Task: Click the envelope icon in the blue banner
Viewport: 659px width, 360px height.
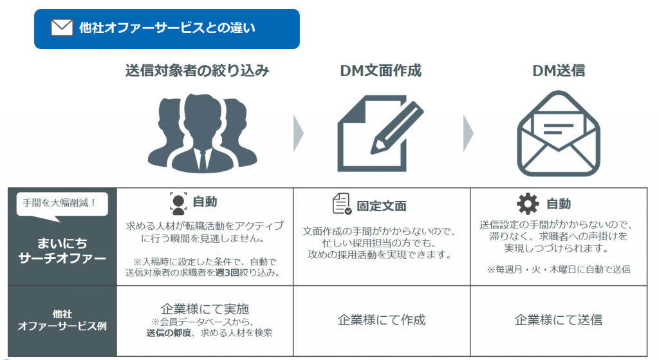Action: pyautogui.click(x=62, y=28)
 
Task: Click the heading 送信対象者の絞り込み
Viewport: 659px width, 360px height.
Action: pyautogui.click(x=197, y=71)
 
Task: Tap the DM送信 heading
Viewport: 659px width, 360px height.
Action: pyautogui.click(x=559, y=71)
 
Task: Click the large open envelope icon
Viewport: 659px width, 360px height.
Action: pyautogui.click(x=559, y=134)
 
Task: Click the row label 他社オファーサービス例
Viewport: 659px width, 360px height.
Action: pyautogui.click(x=61, y=320)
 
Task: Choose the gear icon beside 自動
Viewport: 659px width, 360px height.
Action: pyautogui.click(x=528, y=204)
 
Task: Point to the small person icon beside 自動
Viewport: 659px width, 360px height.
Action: pyautogui.click(x=178, y=202)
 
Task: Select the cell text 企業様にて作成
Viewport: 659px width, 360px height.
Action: pyautogui.click(x=382, y=320)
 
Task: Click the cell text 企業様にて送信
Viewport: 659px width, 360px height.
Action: pyautogui.click(x=559, y=320)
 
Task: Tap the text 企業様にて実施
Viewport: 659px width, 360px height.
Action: pyautogui.click(x=203, y=308)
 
